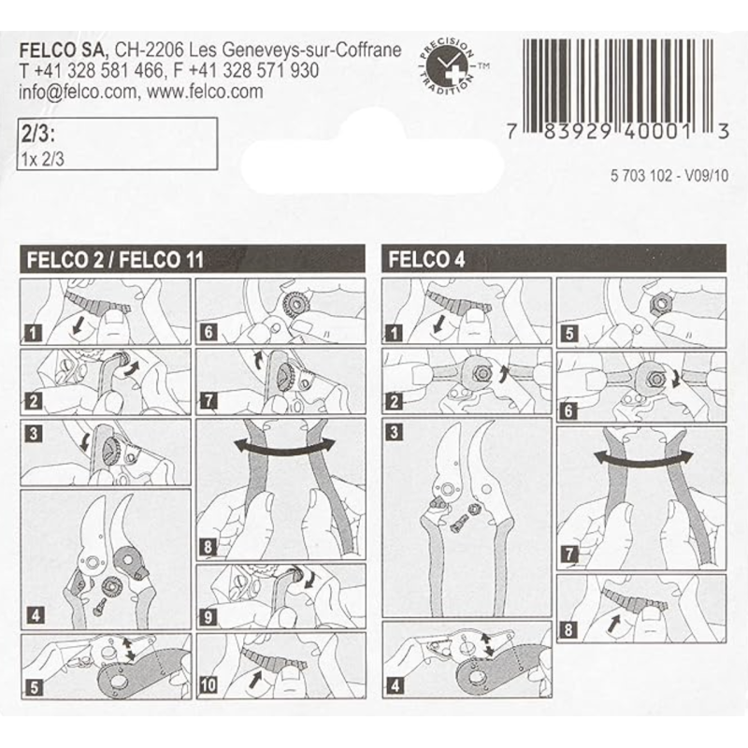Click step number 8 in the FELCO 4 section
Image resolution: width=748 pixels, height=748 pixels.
[568, 629]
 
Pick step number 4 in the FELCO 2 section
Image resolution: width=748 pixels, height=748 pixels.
[34, 615]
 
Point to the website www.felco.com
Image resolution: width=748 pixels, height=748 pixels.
[205, 92]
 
